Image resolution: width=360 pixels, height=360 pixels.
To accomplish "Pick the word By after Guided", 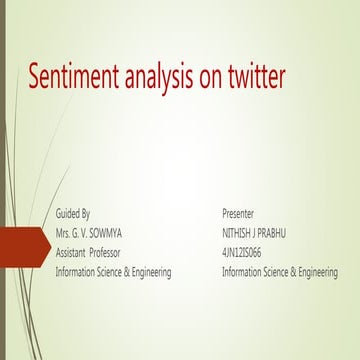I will pos(86,214).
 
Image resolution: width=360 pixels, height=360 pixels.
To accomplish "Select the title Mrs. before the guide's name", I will pos(64,233).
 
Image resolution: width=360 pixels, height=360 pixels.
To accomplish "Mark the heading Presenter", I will pos(238,214).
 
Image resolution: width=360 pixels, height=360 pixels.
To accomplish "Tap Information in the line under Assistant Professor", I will pos(76,272).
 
